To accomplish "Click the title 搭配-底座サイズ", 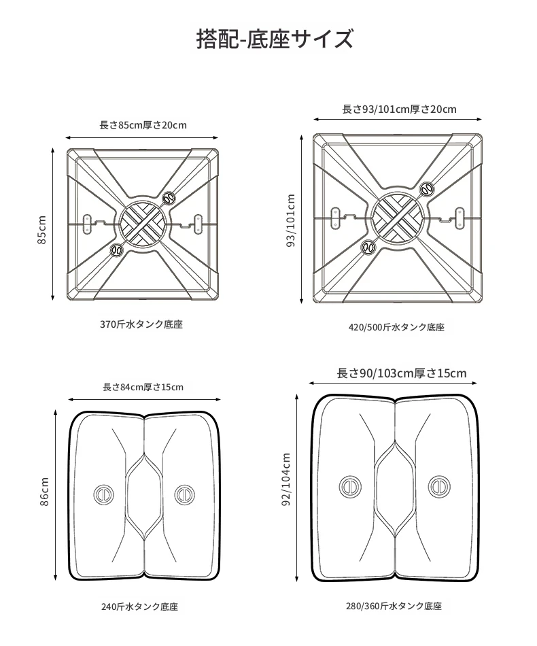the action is pyautogui.click(x=275, y=39).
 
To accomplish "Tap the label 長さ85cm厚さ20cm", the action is pyautogui.click(x=143, y=125).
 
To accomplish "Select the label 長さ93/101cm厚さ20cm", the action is pyautogui.click(x=399, y=109).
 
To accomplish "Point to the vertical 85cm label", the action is pyautogui.click(x=42, y=229).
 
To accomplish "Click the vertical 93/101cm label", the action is pyautogui.click(x=291, y=220).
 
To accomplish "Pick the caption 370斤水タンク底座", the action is pyautogui.click(x=141, y=324).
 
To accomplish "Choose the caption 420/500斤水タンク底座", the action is pyautogui.click(x=396, y=328).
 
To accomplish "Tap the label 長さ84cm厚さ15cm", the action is pyautogui.click(x=143, y=387).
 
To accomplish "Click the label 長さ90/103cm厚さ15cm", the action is pyautogui.click(x=402, y=373).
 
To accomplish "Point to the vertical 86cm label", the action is pyautogui.click(x=44, y=492).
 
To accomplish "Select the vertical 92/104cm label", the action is pyautogui.click(x=286, y=479).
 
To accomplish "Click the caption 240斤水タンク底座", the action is pyautogui.click(x=139, y=607).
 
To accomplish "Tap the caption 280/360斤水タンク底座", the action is pyautogui.click(x=394, y=606).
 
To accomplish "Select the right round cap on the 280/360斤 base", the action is pyautogui.click(x=439, y=487).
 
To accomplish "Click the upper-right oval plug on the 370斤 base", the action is pyautogui.click(x=169, y=198).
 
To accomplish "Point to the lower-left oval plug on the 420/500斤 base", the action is pyautogui.click(x=368, y=248).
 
